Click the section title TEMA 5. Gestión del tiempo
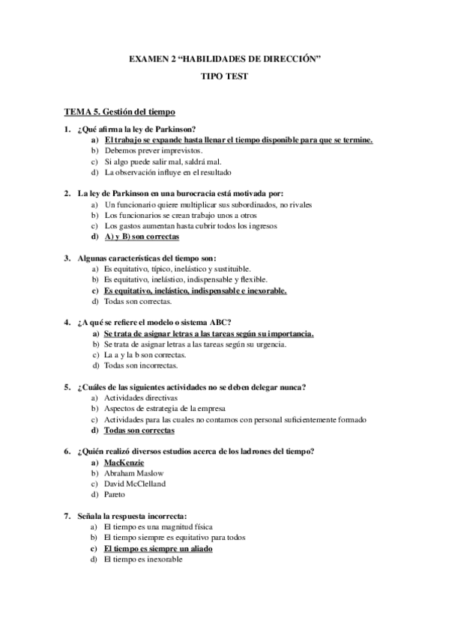tap(119, 112)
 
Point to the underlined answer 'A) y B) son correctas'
tap(142, 237)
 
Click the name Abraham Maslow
tap(134, 473)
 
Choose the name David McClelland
tap(135, 484)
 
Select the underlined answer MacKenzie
tap(124, 463)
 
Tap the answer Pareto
tap(115, 494)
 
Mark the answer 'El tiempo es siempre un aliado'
tap(158, 549)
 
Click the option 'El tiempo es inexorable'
tap(142, 559)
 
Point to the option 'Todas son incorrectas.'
tap(141, 365)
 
